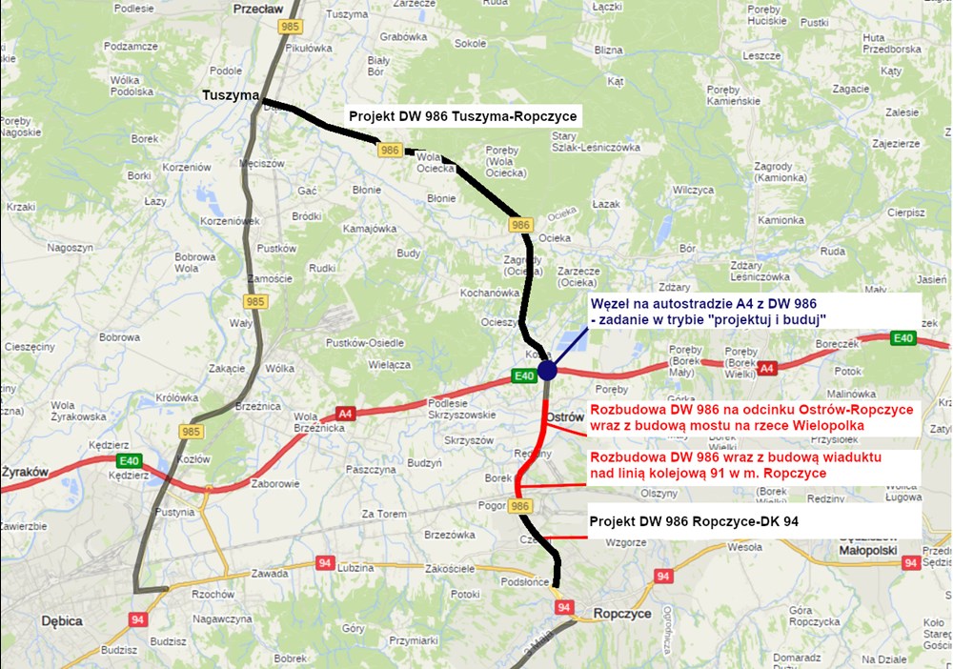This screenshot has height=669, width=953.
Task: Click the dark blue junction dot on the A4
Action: (x=547, y=370)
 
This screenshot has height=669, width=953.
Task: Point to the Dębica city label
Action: (x=63, y=620)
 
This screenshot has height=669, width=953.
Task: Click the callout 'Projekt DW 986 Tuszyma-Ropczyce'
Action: (x=463, y=116)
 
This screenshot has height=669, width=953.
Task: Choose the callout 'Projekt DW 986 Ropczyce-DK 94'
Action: (x=693, y=522)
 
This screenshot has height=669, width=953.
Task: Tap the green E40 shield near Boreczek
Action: (x=902, y=338)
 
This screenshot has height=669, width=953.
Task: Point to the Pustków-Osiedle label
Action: (x=365, y=343)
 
